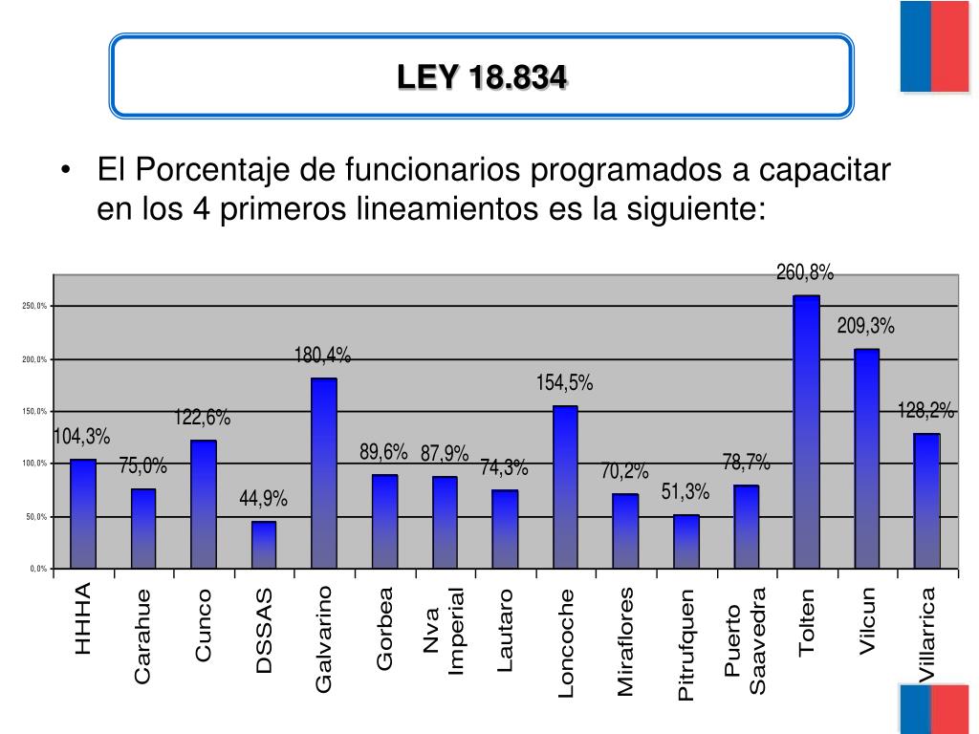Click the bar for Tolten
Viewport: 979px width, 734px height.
click(x=806, y=432)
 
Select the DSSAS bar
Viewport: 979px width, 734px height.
click(x=264, y=545)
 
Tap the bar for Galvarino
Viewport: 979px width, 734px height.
click(x=324, y=474)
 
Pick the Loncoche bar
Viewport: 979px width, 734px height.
click(x=565, y=487)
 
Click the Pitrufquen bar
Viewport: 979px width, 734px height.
click(x=686, y=542)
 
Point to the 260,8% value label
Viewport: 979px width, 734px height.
click(x=805, y=273)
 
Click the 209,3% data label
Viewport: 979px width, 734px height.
click(x=866, y=327)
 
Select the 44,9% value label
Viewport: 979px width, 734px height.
click(x=263, y=499)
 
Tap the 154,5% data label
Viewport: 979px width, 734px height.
click(x=565, y=384)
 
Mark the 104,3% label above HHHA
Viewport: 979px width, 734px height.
click(x=81, y=438)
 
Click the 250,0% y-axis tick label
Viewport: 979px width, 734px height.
click(x=35, y=307)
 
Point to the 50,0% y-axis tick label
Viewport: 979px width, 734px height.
click(x=36, y=517)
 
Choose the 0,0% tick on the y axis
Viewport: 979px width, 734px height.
click(x=38, y=570)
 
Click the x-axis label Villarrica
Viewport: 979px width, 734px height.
click(x=925, y=635)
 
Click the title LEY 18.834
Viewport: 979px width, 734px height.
click(x=482, y=77)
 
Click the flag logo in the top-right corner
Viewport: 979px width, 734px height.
click(x=935, y=46)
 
